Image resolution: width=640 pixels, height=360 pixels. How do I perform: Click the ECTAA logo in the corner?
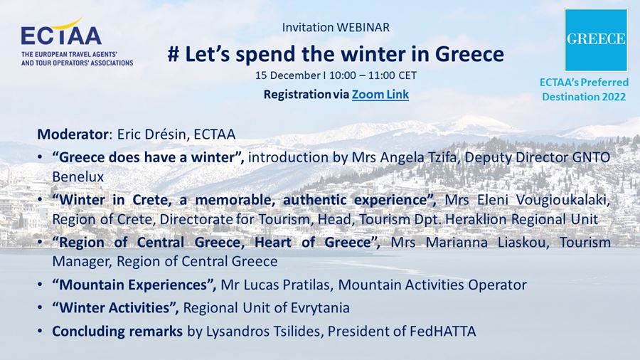77,42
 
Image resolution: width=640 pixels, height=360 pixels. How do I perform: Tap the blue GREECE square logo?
596,40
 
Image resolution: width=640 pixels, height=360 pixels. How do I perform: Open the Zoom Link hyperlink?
380,95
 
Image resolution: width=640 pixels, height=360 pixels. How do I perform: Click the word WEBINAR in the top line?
363,27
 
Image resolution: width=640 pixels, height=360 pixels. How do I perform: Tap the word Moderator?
73,134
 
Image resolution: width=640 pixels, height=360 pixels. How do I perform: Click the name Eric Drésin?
151,134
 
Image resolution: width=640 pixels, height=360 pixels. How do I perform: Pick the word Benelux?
78,176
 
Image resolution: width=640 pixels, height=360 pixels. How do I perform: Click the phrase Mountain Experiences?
134,285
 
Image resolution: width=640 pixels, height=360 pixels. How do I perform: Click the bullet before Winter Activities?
40,308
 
